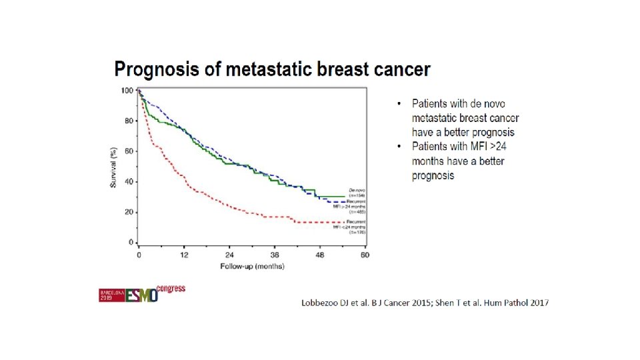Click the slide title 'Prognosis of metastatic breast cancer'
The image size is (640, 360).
(x=272, y=69)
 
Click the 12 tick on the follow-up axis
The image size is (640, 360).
(x=184, y=255)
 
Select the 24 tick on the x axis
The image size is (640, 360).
(x=229, y=255)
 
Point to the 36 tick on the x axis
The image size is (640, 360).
(x=275, y=255)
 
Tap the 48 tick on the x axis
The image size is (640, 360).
(x=319, y=255)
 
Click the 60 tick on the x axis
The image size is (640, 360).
(x=365, y=255)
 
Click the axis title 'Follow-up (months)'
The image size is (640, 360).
(x=252, y=266)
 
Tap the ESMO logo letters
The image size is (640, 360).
(x=141, y=295)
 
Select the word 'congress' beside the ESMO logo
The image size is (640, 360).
(x=171, y=289)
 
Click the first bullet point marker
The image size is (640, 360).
(x=399, y=104)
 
